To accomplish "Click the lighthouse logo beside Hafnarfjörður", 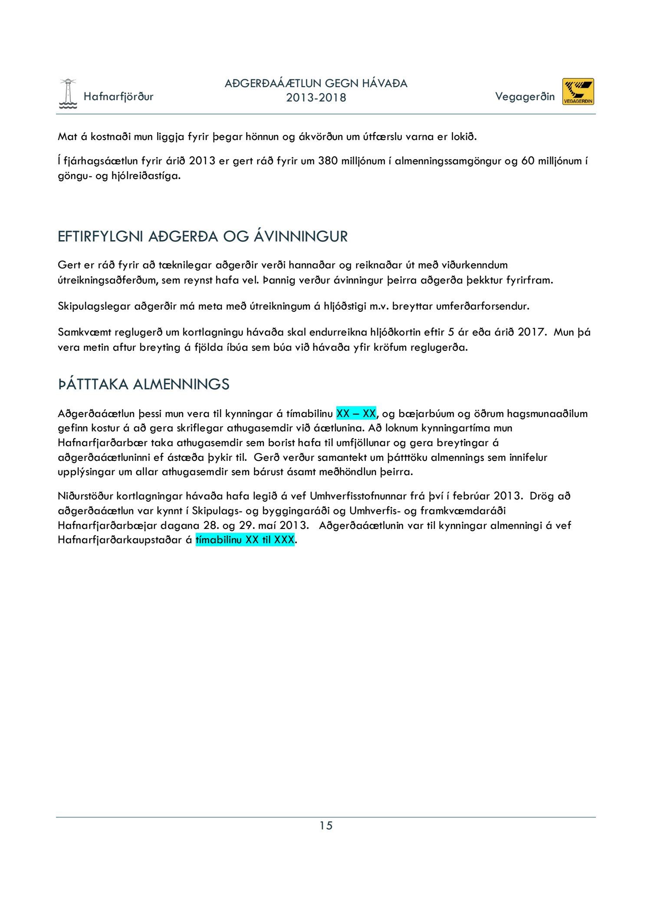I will click(68, 94).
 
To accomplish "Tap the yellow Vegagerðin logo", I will click(578, 91).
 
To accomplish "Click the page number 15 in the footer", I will click(326, 825).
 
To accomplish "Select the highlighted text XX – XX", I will click(356, 413).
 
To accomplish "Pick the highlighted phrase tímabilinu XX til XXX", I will click(245, 540).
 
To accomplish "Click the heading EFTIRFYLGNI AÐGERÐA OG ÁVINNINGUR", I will click(203, 237).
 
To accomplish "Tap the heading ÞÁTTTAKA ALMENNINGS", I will click(144, 384).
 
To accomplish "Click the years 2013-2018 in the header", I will click(316, 98).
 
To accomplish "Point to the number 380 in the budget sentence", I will click(328, 161).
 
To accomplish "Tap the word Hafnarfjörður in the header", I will click(118, 96).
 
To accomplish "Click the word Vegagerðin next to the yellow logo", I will click(525, 96).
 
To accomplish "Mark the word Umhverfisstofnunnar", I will click(352, 496).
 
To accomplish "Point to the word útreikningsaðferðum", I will click(108, 280).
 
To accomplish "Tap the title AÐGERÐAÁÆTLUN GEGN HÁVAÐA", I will click(316, 83).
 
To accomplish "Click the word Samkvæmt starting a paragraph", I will click(84, 332).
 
